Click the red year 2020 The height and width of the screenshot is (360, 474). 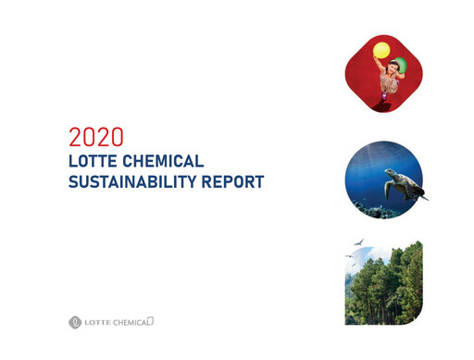(96, 139)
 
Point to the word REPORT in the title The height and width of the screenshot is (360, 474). (237, 181)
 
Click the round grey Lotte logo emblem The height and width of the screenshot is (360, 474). (75, 322)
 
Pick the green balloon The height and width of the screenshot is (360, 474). (401, 62)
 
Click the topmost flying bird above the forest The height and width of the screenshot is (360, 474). (357, 242)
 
